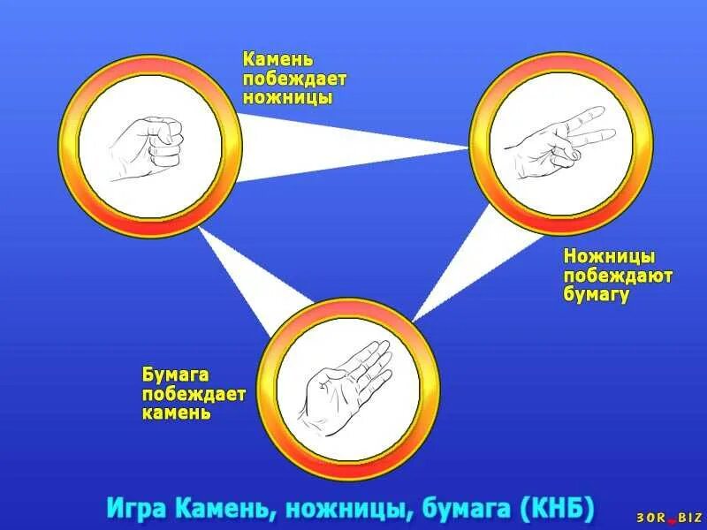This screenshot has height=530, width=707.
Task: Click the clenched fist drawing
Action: (148, 145)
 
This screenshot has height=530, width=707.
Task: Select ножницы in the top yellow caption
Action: (288, 97)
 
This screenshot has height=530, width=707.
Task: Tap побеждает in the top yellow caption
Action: (295, 79)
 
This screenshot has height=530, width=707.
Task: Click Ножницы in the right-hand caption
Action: (610, 257)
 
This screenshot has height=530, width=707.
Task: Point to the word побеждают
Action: (618, 276)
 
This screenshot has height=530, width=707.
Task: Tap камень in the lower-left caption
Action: (177, 413)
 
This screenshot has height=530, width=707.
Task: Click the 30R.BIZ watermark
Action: (669, 518)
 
